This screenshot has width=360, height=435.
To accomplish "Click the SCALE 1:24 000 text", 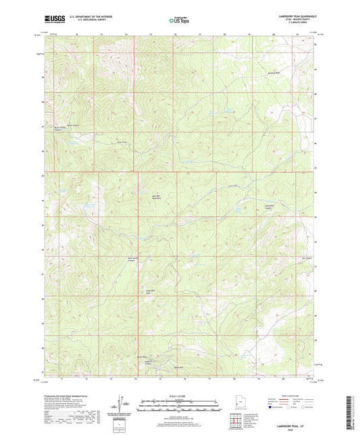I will [179, 396].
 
